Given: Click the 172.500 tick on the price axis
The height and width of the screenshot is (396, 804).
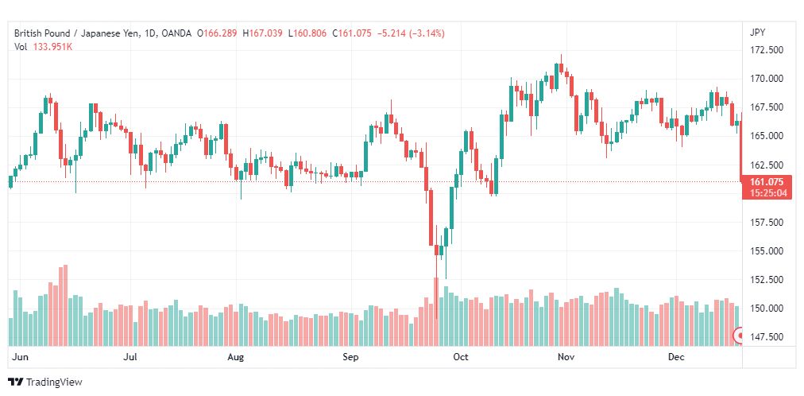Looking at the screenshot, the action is coord(767,50).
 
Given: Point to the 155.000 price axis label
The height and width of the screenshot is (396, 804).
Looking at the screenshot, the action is coord(767,250).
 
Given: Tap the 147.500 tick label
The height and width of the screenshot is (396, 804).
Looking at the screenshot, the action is coord(767,337).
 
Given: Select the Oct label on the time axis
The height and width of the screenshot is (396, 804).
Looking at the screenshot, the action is coord(461,357).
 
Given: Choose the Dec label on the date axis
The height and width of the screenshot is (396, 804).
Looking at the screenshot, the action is coord(676,357).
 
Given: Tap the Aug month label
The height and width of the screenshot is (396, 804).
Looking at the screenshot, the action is coord(236,357).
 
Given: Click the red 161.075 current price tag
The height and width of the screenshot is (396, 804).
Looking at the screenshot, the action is coord(767,182).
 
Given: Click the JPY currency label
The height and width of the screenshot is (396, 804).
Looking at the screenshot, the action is coord(757,33).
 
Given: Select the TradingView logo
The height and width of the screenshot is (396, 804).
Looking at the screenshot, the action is coord(45,382).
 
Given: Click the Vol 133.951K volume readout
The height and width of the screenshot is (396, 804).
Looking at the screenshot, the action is coord(44,47).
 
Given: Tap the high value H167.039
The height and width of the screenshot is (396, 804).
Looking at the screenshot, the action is coord(262,33).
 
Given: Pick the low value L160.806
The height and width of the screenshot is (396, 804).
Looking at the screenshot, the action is coord(307,33).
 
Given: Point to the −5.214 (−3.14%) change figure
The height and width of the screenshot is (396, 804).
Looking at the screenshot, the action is coord(411,33).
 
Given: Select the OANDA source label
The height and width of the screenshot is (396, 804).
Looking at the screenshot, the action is coord(176,33).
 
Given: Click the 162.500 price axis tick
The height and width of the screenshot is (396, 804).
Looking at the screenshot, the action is coord(767,165).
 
